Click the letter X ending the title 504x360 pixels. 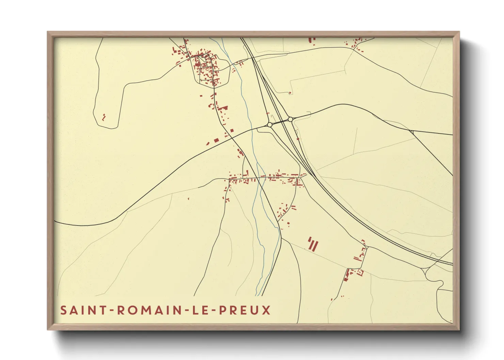tap(266, 310)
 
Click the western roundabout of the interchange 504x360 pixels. tap(270, 125)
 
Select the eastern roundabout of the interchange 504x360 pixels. tap(290, 119)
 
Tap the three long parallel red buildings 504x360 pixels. tap(313, 244)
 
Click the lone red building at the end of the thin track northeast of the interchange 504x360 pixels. tap(290, 93)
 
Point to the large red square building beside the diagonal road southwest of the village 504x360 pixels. tap(216, 140)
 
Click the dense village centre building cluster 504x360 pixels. tap(204, 66)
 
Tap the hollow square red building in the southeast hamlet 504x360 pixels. tap(361, 272)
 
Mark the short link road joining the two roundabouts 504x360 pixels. tap(280, 122)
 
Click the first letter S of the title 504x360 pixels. tap(63, 310)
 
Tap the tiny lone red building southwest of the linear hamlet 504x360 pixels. tap(188, 198)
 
